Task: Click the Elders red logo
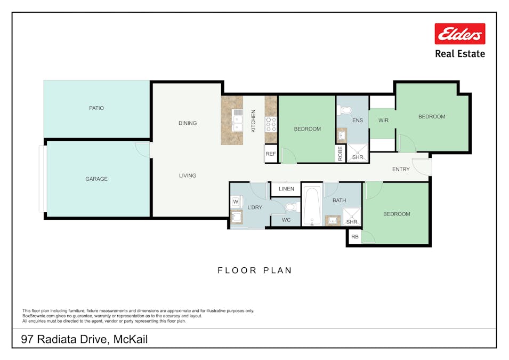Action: [459, 34]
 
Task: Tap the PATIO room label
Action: [96, 108]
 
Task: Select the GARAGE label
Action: [96, 179]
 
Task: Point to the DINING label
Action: [188, 123]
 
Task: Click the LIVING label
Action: [188, 175]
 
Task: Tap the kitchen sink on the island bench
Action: [238, 120]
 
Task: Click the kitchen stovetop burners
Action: [271, 124]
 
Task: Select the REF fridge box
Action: [271, 154]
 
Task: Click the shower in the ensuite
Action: [358, 153]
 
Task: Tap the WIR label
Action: [383, 121]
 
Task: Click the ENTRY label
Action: [401, 169]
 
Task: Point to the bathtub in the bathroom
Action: [312, 205]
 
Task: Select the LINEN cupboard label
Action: [286, 189]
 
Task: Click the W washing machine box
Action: [236, 202]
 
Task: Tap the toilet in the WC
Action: [293, 207]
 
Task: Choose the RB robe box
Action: [354, 237]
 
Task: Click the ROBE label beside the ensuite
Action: [340, 154]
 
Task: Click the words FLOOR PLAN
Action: [255, 270]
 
